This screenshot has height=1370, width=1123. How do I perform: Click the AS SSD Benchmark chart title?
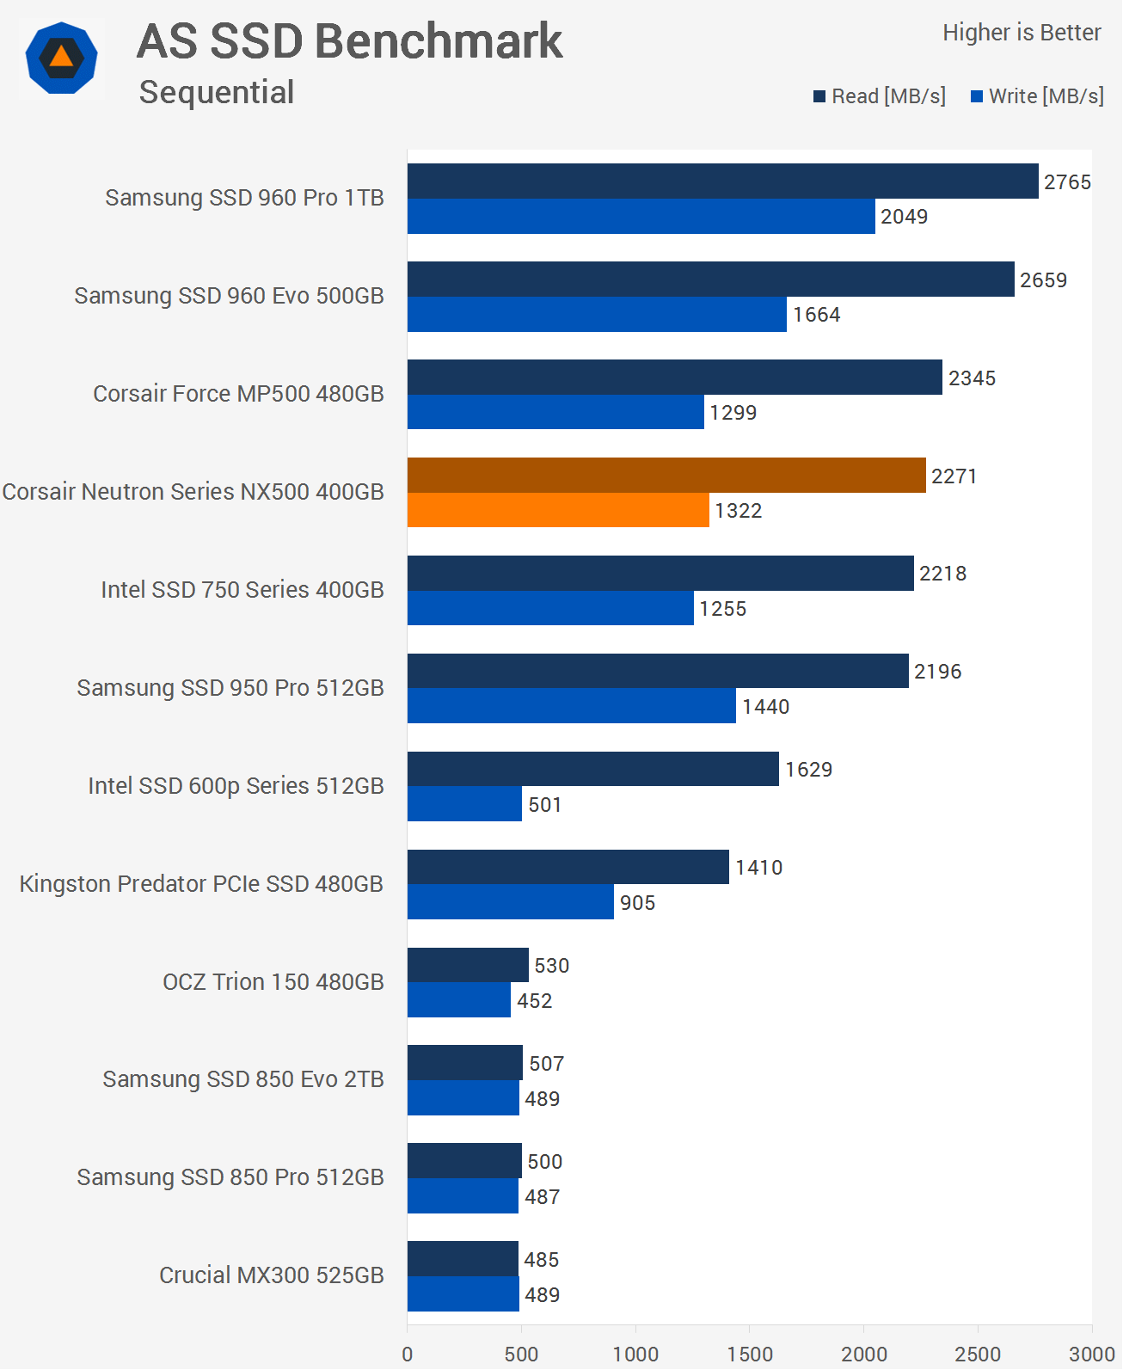click(349, 41)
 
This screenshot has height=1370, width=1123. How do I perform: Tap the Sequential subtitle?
click(217, 92)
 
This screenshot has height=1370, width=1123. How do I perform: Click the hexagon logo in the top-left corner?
click(61, 58)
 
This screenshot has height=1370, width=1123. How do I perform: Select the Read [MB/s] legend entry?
click(880, 96)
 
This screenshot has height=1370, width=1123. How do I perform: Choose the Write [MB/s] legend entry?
click(1038, 96)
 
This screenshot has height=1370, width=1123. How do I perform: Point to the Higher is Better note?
click(1022, 33)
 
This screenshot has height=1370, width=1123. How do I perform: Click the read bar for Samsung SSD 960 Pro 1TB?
click(722, 181)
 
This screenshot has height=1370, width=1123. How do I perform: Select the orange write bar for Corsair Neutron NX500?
click(558, 510)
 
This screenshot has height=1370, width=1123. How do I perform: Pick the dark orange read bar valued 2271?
click(666, 476)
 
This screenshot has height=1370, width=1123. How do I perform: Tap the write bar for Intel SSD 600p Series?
click(464, 804)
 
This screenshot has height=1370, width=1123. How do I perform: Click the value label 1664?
click(816, 315)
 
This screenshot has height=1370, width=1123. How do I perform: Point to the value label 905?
click(637, 903)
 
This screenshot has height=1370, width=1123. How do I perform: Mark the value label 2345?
click(972, 378)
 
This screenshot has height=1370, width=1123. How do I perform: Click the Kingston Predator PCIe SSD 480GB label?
click(201, 884)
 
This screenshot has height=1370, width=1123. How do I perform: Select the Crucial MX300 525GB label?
click(271, 1275)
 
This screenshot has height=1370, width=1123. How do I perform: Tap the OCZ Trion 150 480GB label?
click(273, 982)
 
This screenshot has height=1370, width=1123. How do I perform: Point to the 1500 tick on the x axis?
click(750, 1354)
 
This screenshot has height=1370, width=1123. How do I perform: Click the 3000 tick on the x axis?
click(1091, 1354)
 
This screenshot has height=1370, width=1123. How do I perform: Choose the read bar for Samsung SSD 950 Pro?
click(658, 671)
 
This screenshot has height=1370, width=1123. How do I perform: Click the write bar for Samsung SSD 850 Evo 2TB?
click(463, 1098)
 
